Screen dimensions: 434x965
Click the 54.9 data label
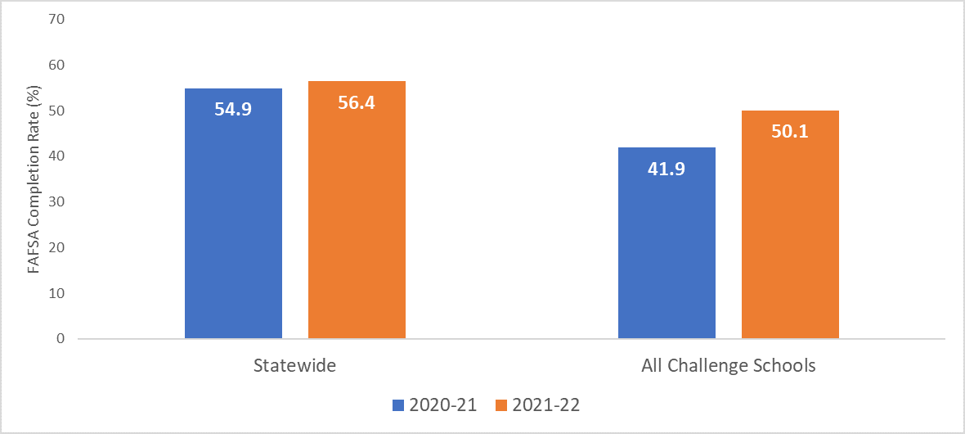(233, 108)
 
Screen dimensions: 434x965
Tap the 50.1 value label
(790, 132)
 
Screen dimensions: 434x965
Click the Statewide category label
(294, 365)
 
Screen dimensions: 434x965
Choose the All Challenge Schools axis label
(728, 365)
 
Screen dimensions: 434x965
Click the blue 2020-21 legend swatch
(398, 405)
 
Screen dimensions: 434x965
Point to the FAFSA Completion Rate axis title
(35, 179)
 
